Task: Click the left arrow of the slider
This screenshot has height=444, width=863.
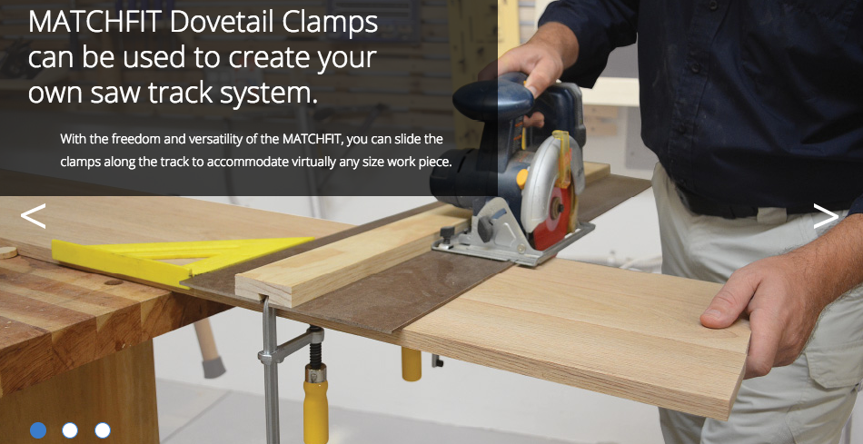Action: pos(33,216)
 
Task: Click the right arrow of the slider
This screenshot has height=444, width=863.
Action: pos(826,216)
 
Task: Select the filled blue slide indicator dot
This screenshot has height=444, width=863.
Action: pos(38,430)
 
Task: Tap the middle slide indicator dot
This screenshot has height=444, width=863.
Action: pos(70,430)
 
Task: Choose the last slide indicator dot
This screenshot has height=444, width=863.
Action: pos(103,430)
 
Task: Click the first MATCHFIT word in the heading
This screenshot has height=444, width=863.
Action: pos(95,23)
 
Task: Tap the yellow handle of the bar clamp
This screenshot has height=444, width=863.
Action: pos(315,404)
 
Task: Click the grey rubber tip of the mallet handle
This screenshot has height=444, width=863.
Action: pos(213,367)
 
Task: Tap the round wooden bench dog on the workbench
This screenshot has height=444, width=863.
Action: pos(7,252)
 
